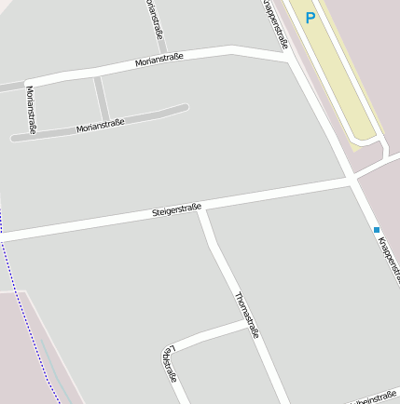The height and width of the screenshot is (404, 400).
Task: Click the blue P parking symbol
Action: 310,17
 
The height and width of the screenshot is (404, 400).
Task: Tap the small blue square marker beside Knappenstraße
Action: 377,230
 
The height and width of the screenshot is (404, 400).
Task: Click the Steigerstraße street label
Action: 177,211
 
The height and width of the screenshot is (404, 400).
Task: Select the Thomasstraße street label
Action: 246,316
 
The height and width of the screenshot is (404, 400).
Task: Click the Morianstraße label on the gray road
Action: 100,124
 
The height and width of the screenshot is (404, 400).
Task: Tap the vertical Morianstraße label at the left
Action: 30,109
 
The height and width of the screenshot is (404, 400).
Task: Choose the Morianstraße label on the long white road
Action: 159,61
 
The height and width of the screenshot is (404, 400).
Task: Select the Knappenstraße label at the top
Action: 273,22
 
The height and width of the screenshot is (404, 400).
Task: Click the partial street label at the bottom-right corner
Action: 373,397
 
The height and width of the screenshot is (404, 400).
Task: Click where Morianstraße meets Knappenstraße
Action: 288,58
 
